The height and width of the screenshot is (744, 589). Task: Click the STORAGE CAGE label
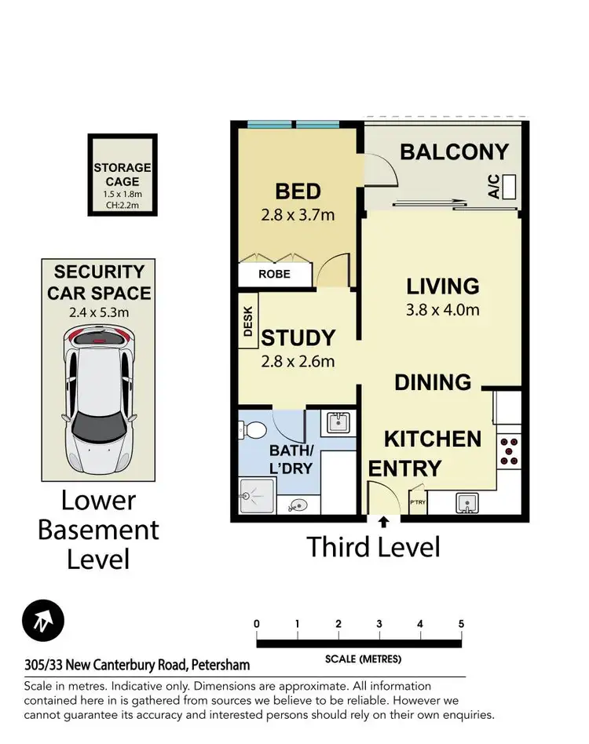click(123, 174)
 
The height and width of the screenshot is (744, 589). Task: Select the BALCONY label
click(454, 151)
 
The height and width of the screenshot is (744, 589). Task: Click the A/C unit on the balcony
click(508, 187)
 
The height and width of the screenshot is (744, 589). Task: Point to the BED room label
click(298, 191)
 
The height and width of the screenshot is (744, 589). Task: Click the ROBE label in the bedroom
click(274, 274)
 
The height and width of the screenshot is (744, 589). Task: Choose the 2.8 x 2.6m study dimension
click(298, 362)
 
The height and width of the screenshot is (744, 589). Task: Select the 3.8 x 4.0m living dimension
click(442, 309)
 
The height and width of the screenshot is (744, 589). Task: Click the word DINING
click(433, 382)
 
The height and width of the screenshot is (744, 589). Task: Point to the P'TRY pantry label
click(416, 502)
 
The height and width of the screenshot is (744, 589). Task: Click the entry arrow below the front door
click(383, 520)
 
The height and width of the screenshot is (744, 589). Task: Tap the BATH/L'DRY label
click(291, 460)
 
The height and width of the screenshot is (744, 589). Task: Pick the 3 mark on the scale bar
click(379, 624)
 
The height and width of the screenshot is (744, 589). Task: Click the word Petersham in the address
click(219, 666)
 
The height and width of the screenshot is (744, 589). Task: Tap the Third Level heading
click(373, 546)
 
